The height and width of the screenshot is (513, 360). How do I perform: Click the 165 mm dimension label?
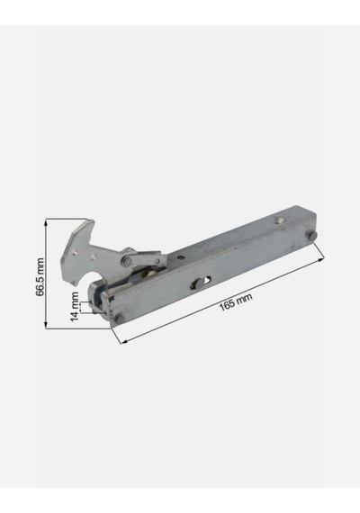(x=236, y=302)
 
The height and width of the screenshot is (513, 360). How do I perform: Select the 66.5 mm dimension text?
(x=40, y=277)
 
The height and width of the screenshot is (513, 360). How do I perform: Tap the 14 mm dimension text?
(x=75, y=307)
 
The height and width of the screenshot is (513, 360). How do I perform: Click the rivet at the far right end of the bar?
(x=311, y=235)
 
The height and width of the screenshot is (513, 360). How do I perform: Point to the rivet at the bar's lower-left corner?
(x=119, y=319)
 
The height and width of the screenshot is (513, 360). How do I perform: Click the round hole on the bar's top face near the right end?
(x=279, y=220)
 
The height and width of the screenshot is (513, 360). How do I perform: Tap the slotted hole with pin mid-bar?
(x=201, y=283)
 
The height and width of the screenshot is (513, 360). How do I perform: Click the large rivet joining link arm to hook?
(x=126, y=261)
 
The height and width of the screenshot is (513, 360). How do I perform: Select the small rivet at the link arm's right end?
(x=157, y=261)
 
